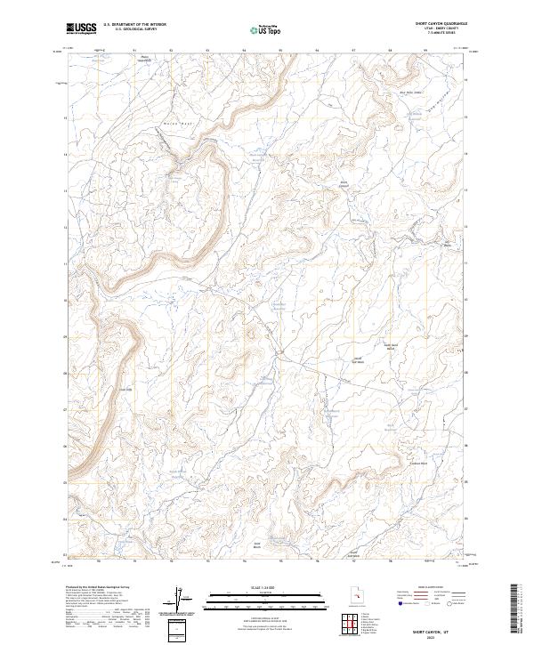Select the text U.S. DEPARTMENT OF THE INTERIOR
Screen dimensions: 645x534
coord(134,25)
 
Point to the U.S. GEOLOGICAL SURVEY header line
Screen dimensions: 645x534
coord(130,29)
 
